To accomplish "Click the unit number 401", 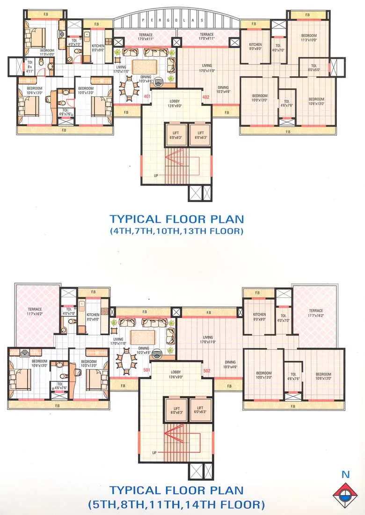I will point(147,97).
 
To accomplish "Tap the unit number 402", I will point(205,97).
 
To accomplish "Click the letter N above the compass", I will point(345,474).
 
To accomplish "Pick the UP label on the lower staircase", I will point(154,453).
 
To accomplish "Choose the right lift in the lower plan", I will point(200,411).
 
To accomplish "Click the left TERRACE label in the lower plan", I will point(35,311).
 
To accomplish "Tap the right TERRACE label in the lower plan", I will point(316,312).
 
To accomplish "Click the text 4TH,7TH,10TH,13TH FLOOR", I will point(177,231).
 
